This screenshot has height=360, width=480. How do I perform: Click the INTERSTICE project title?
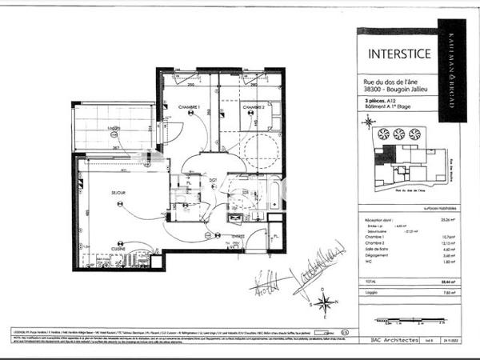(398, 54)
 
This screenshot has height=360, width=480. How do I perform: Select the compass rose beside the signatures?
(324, 302)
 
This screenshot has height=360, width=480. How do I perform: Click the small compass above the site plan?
(367, 122)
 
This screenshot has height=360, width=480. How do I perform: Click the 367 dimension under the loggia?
(114, 148)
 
